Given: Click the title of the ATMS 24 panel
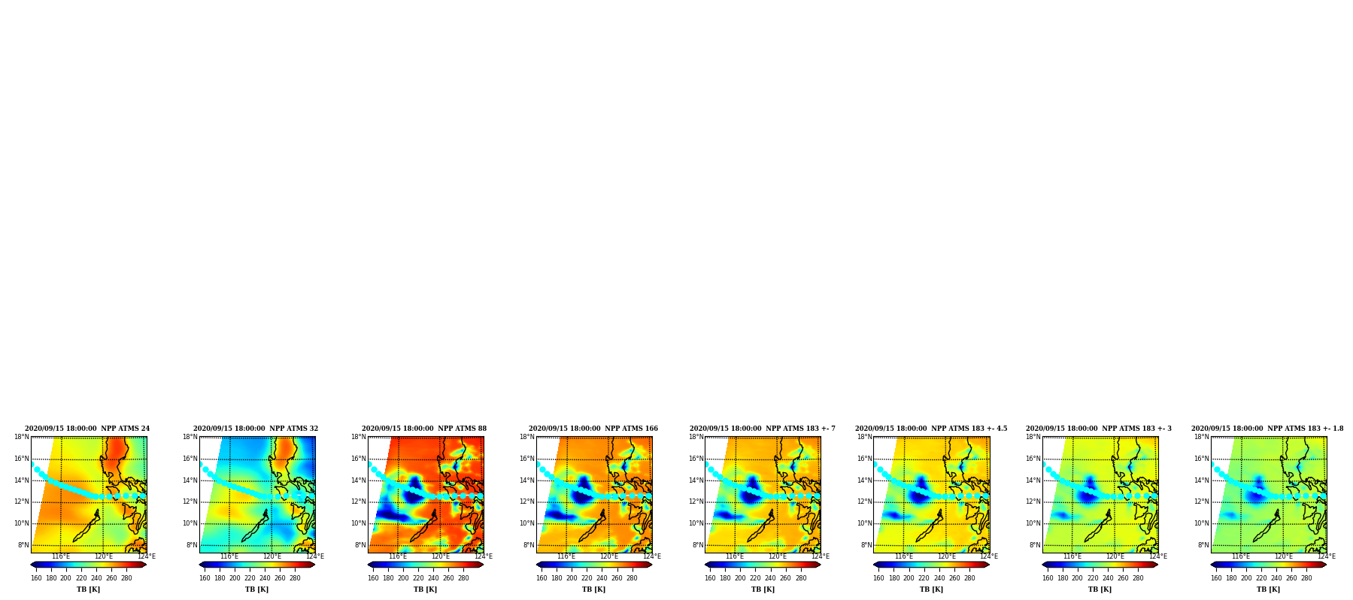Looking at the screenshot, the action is point(87,429).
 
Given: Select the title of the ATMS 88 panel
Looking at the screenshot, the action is point(424,429).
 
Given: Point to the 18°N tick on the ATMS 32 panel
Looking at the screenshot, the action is point(190,437).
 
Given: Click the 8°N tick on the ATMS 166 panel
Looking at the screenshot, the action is point(529,545).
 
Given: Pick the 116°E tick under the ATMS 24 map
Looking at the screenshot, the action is point(60,556).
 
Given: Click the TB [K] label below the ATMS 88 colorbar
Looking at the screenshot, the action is point(425,589).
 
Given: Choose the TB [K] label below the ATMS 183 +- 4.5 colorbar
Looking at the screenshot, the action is point(931,589).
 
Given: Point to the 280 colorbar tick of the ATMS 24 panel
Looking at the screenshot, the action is point(126,578).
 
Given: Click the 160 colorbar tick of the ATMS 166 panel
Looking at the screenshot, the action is point(542,578).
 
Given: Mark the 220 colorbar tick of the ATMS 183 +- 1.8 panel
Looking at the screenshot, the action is point(1261,578).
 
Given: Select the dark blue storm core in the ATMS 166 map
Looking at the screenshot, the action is point(583,492).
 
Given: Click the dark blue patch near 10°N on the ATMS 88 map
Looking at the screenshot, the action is point(391,515).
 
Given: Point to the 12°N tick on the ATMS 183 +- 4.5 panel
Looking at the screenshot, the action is point(865,502).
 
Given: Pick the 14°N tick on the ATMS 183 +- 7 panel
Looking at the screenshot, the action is point(696,480).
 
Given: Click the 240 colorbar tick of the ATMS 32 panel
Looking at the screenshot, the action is point(265,578).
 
